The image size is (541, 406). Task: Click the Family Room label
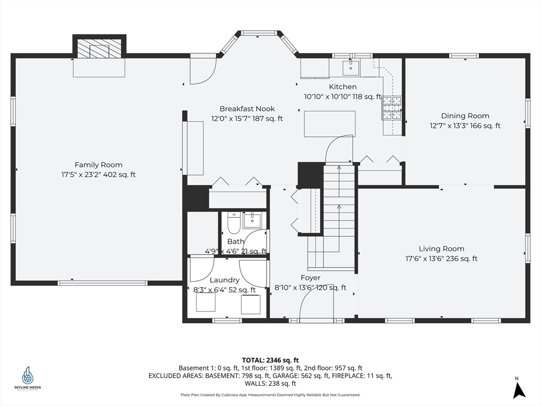tap(99, 165)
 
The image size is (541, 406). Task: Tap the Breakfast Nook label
tap(247, 109)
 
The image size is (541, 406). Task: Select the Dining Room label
tap(465, 116)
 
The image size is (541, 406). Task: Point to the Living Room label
tap(441, 249)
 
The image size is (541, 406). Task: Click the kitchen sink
tap(351, 68)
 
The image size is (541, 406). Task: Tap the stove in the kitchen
tap(392, 108)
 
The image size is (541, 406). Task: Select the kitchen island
tap(330, 124)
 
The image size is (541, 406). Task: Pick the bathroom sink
tap(253, 220)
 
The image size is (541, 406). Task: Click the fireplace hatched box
tap(99, 48)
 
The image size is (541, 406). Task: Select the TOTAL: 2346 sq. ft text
tap(270, 361)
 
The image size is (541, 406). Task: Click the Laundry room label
tap(224, 280)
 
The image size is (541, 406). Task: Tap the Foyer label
tap(310, 278)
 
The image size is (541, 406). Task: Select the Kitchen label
tap(342, 87)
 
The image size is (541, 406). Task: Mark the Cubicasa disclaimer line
tap(270, 395)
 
